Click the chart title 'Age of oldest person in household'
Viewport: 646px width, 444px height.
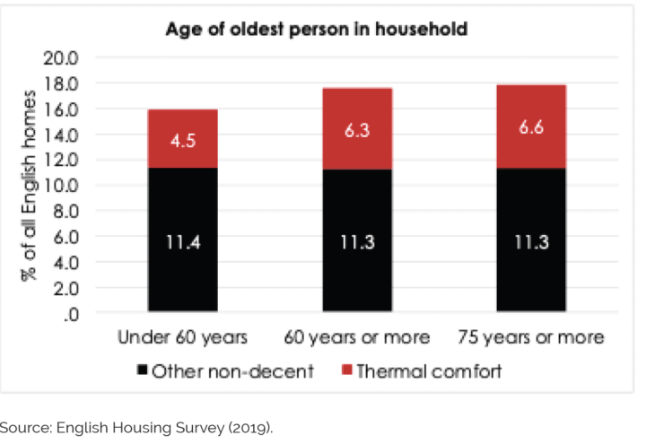coord(316,30)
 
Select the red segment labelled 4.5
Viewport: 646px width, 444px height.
coord(182,138)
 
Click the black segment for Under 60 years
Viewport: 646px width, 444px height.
coord(182,239)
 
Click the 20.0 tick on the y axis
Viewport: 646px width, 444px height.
coord(62,58)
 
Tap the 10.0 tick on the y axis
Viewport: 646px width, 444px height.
coord(62,187)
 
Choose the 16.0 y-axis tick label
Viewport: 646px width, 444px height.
coord(62,109)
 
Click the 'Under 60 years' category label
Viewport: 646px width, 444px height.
coord(182,338)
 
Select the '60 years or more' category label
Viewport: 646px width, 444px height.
coord(353,338)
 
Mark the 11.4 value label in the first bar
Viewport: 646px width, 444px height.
coord(182,241)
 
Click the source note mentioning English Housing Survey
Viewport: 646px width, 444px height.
coord(135,427)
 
